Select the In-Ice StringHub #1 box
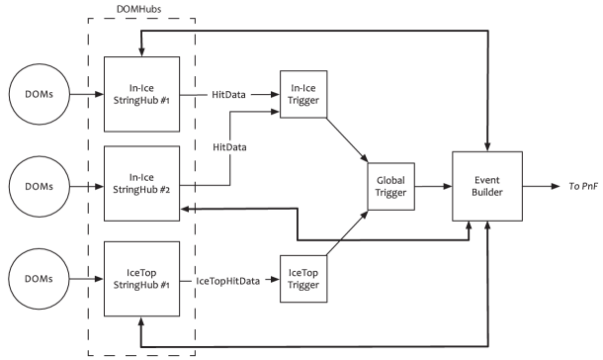click(x=141, y=95)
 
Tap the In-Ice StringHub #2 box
click(x=141, y=183)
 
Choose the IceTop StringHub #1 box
click(x=141, y=280)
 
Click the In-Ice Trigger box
click(x=303, y=95)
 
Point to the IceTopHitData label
click(x=229, y=281)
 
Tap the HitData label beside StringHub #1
click(x=229, y=95)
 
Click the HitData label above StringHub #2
click(x=229, y=147)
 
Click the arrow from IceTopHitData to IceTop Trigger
click(x=272, y=281)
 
